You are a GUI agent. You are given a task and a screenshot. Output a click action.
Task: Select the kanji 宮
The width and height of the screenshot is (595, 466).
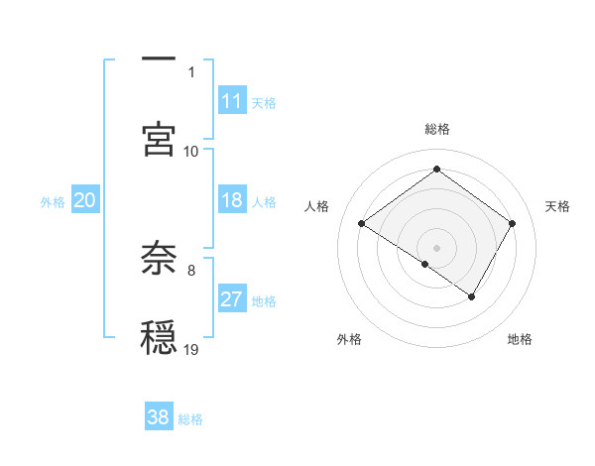click(159, 138)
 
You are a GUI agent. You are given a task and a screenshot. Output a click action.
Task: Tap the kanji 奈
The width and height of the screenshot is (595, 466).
click(159, 258)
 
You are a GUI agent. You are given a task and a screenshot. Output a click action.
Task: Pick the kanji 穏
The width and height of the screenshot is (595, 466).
click(159, 337)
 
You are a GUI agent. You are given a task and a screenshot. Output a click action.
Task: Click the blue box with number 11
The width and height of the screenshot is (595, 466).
click(232, 101)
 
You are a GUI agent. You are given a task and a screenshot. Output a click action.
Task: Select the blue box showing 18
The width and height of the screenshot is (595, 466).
click(232, 201)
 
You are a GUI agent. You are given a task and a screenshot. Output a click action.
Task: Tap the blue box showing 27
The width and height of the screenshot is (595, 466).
click(232, 299)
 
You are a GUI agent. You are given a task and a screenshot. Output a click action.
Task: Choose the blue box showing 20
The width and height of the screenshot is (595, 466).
click(85, 201)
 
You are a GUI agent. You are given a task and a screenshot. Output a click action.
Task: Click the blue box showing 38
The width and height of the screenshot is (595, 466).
click(159, 417)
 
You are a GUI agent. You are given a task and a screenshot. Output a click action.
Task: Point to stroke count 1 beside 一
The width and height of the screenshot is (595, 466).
click(191, 71)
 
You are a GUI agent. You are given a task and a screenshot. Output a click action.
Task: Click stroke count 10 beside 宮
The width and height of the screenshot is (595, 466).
click(191, 151)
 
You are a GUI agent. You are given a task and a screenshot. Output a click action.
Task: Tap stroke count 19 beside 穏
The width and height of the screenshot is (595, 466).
click(191, 349)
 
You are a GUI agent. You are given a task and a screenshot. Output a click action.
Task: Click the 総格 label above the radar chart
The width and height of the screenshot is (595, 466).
click(436, 129)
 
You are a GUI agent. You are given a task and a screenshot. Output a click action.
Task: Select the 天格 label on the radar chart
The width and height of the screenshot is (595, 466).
click(557, 206)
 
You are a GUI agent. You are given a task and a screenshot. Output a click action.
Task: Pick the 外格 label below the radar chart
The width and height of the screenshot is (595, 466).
click(349, 340)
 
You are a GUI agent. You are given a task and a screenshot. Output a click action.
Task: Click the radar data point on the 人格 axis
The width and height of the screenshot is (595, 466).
click(362, 224)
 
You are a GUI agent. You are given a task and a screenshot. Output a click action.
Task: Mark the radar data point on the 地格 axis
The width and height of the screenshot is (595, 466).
click(472, 296)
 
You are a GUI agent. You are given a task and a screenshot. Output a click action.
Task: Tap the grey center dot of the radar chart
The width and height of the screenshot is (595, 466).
click(436, 247)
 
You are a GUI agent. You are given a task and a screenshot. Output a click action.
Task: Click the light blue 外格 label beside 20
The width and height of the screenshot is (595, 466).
click(53, 202)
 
